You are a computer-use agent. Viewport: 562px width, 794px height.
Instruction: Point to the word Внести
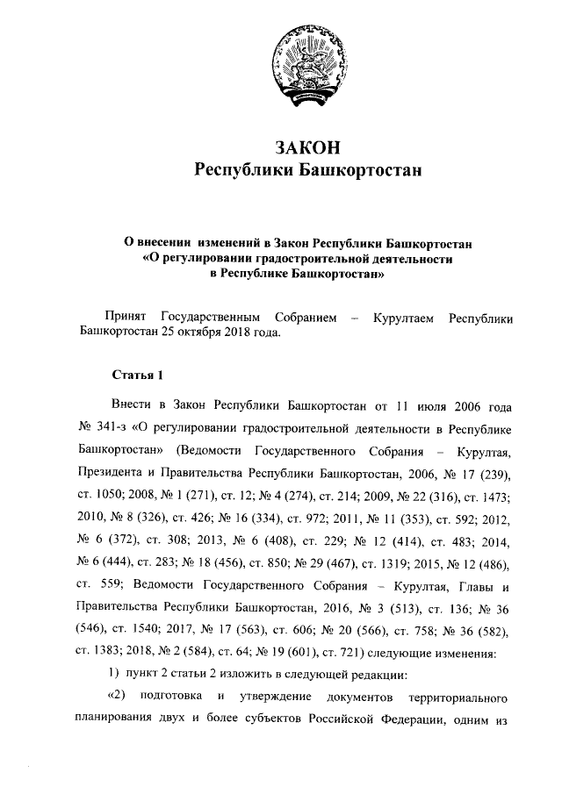(133, 407)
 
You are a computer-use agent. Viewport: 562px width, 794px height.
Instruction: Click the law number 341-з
(117, 429)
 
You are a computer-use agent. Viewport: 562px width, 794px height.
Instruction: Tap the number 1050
(112, 494)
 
